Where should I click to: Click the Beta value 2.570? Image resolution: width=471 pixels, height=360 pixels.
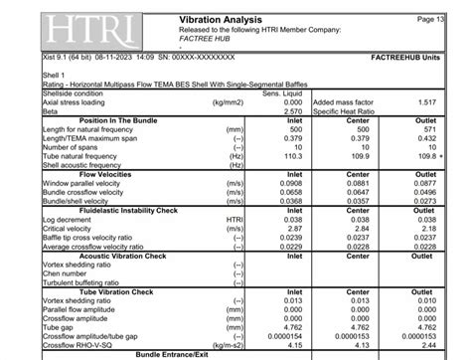pyautogui.click(x=289, y=111)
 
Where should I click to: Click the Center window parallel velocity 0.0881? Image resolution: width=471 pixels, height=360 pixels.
pyautogui.click(x=361, y=183)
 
